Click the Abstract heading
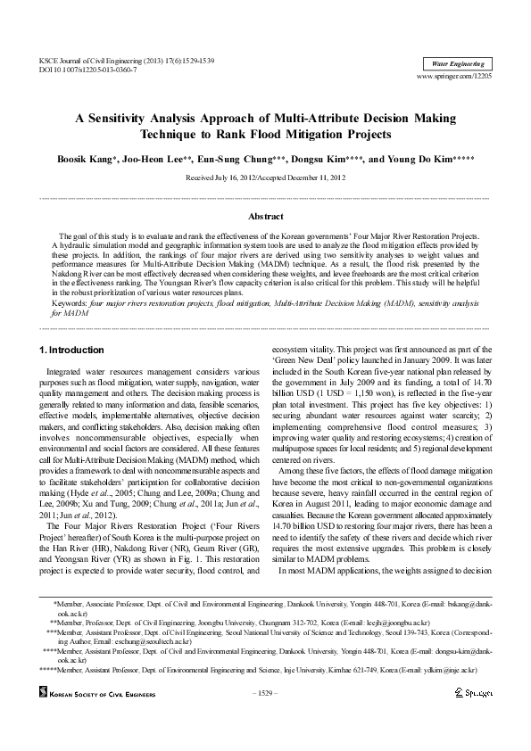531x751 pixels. [265, 217]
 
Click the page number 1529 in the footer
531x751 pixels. [265, 692]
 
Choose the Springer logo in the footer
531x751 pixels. [474, 692]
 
